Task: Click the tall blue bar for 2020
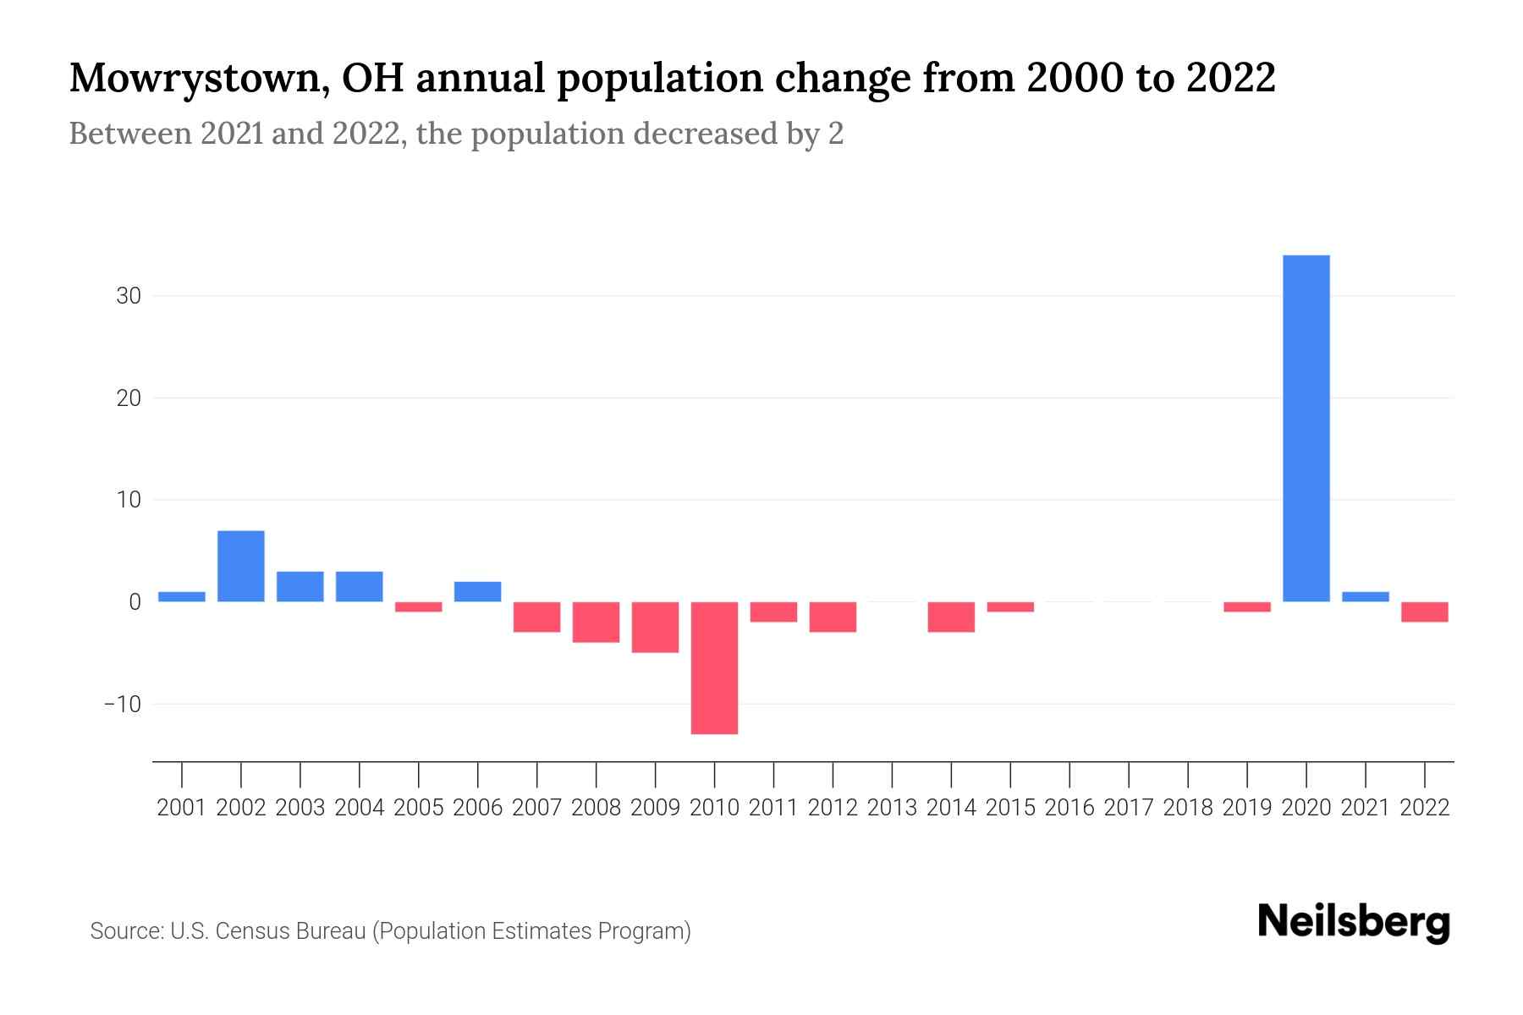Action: click(x=1306, y=428)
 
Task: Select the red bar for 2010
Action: click(x=714, y=667)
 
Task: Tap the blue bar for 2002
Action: click(x=241, y=566)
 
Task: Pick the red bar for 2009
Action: click(x=655, y=627)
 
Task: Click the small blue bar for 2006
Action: click(x=478, y=591)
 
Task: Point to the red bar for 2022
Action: click(x=1425, y=612)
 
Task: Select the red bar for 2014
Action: click(x=951, y=617)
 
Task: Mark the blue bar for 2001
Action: click(x=182, y=596)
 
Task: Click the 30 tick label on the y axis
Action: click(x=129, y=296)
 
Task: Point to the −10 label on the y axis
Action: click(x=123, y=704)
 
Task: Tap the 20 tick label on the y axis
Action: click(x=129, y=398)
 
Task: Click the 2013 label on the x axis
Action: click(x=892, y=808)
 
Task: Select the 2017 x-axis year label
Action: click(x=1129, y=808)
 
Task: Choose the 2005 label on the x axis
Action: click(x=419, y=808)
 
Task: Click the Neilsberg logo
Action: click(x=1354, y=922)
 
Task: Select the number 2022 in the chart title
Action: click(x=1231, y=78)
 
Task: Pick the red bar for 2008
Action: click(x=596, y=622)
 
